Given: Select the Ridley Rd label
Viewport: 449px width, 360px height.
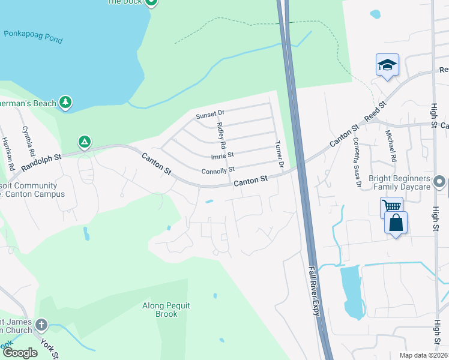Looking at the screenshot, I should [221, 136].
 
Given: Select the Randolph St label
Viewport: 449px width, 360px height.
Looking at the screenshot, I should [41, 163].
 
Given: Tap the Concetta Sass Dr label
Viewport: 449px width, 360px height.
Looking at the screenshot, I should [357, 161].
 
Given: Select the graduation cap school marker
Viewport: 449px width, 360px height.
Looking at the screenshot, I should [387, 65].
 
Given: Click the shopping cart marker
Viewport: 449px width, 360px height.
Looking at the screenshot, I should [391, 207].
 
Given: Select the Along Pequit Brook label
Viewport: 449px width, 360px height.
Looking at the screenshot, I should [166, 310].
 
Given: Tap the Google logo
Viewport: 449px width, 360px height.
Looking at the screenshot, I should [20, 353].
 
